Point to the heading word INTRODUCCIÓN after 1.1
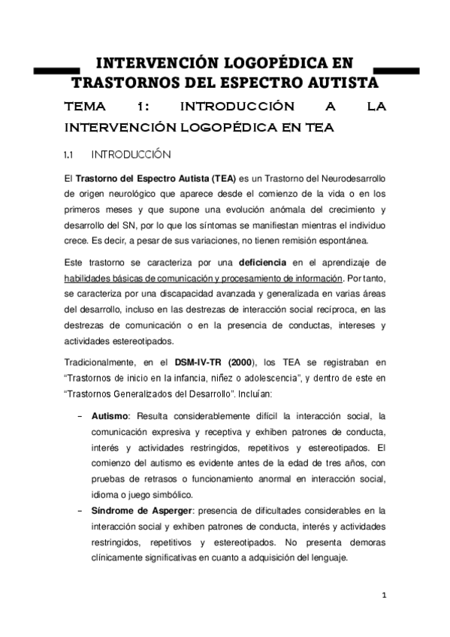tap(131, 155)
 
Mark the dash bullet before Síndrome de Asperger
tap(80, 510)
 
